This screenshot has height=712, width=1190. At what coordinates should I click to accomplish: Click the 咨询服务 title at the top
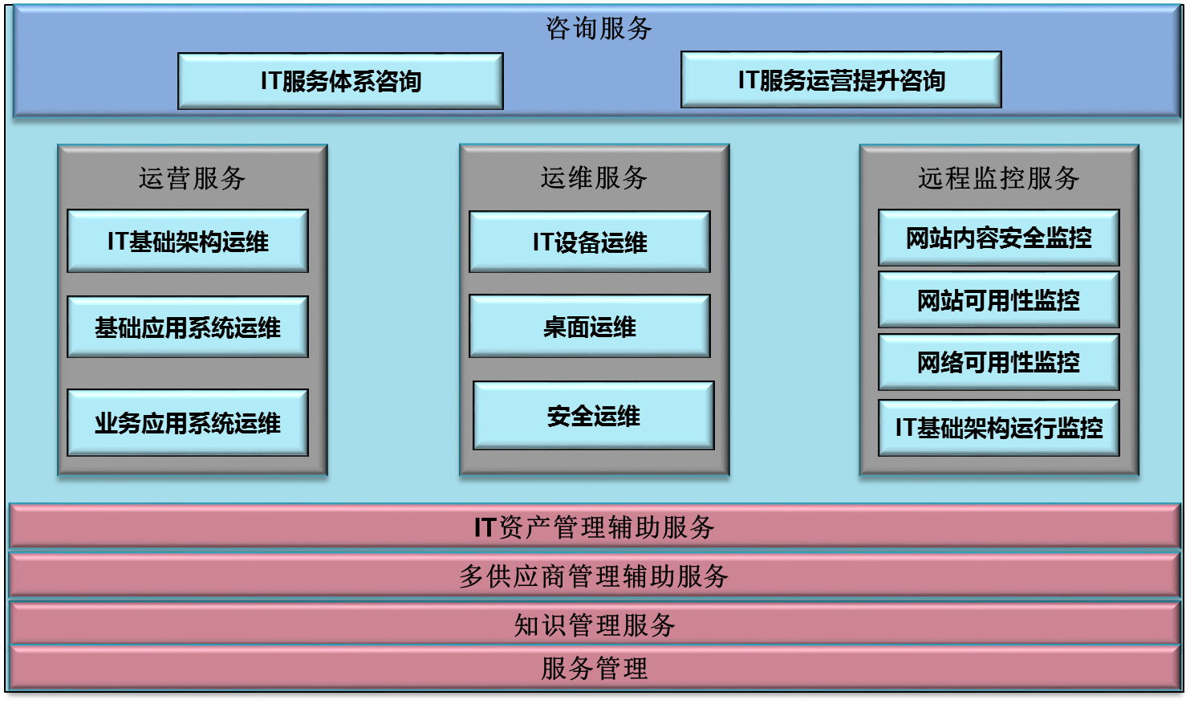(x=599, y=29)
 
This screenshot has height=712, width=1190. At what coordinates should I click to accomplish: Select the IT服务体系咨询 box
(x=340, y=81)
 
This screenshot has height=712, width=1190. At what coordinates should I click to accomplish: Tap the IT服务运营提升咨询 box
(x=841, y=80)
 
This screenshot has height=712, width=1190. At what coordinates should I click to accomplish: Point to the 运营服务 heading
(x=192, y=178)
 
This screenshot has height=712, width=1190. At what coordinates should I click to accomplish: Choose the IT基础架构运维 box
(x=188, y=242)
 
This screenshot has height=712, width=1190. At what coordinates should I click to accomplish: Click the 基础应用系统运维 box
(x=188, y=328)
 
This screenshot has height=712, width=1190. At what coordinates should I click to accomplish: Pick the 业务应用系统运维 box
(x=188, y=423)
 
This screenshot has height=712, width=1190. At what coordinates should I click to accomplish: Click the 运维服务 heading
(x=594, y=178)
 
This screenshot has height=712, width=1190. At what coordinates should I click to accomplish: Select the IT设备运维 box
(x=590, y=242)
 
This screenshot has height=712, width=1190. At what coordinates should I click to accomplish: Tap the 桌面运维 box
(x=590, y=327)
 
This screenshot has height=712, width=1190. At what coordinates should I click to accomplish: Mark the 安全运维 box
(x=594, y=416)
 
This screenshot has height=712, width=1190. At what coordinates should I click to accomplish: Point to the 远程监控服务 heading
(x=999, y=178)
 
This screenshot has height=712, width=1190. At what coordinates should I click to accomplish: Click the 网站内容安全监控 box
(x=999, y=238)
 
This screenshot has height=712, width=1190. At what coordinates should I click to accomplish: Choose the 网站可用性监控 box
(x=999, y=300)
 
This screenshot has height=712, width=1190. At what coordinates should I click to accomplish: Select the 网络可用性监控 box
(x=999, y=363)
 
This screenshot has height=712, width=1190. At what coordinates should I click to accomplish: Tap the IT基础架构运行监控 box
(x=999, y=428)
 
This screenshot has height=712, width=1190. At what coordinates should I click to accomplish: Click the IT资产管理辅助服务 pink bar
(x=594, y=527)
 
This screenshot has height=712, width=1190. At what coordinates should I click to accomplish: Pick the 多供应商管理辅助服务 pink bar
(x=594, y=576)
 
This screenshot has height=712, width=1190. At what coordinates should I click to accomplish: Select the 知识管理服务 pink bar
(x=594, y=625)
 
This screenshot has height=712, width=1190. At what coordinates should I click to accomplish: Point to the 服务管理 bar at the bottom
(x=594, y=668)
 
